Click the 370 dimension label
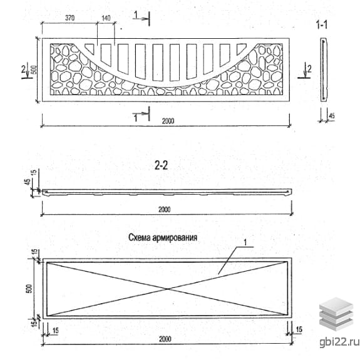69,18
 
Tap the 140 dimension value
106,18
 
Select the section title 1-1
322,24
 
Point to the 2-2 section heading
161,165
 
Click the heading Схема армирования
163,237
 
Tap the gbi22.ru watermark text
339,342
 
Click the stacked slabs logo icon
336,314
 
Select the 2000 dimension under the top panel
168,121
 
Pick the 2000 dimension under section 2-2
165,209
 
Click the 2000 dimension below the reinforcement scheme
165,339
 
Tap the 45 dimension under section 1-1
332,116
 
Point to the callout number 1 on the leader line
245,242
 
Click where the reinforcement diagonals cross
168,289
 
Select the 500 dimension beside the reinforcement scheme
29,289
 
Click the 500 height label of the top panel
34,69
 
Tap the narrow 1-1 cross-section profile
324,69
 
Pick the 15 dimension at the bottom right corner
299,330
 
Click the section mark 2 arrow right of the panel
306,71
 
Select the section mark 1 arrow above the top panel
141,18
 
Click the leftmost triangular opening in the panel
90,48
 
